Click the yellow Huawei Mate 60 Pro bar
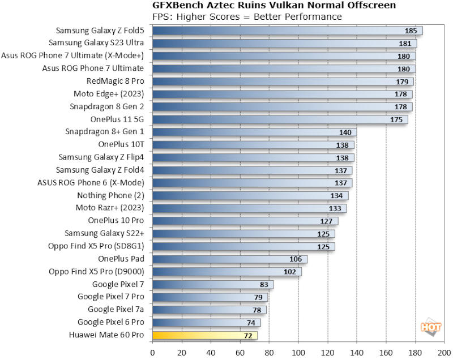point(204,335)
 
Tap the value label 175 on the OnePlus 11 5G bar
point(396,119)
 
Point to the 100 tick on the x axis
point(298,353)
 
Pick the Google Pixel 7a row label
point(116,310)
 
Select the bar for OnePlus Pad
point(229,259)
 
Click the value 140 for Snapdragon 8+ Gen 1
point(345,132)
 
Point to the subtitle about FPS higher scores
point(247,16)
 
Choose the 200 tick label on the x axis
point(445,353)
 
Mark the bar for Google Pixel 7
point(213,284)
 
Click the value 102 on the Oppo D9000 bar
point(289,271)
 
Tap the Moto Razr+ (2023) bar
point(249,208)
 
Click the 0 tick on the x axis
point(152,353)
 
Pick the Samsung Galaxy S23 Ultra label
point(96,43)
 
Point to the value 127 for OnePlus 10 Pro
point(326,221)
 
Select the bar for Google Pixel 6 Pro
point(206,322)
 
